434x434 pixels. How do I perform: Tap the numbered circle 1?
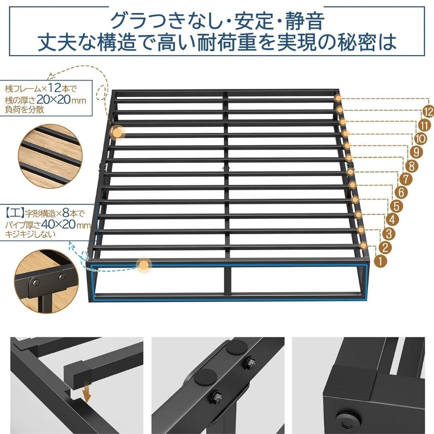coord(380,260)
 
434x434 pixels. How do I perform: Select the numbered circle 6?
coord(402,192)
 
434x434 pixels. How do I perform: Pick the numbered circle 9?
coord(416,152)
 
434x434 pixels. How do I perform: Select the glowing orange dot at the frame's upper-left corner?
coord(117,132)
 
